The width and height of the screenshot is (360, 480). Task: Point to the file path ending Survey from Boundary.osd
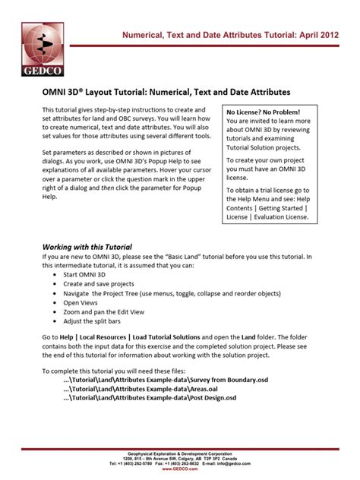tap(166, 379)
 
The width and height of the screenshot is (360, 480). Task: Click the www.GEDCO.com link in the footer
tap(180, 469)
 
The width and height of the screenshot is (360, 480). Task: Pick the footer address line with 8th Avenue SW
tap(180, 457)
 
